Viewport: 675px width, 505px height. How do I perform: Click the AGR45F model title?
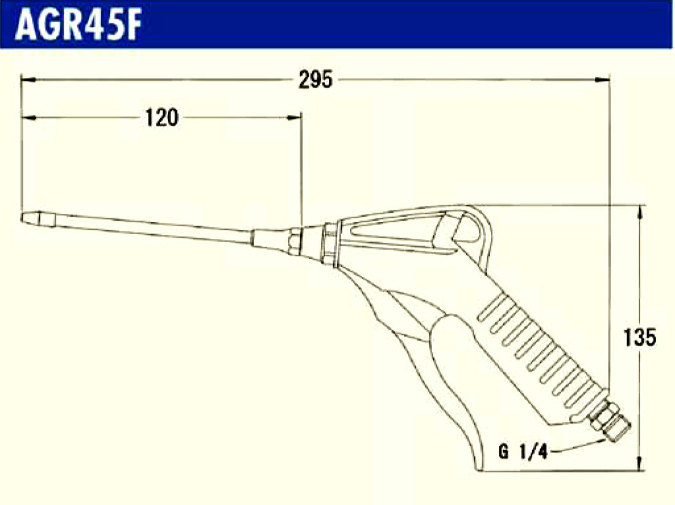pos(79,25)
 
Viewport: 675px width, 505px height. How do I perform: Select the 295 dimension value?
pos(315,80)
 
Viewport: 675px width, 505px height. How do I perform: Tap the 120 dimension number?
pos(161,118)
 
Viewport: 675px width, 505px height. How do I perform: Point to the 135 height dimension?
pos(639,337)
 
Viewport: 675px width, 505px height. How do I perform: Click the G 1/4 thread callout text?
pos(523,452)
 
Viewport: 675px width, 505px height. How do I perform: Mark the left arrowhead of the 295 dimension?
pos(28,80)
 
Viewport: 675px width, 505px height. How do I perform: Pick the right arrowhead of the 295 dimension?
pos(602,80)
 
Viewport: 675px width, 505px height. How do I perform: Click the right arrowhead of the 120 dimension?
pos(295,117)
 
